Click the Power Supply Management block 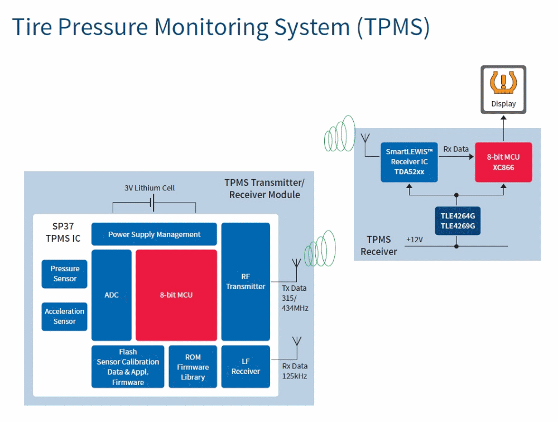click(154, 234)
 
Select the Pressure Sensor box click(65, 274)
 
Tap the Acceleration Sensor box click(65, 316)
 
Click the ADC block click(112, 295)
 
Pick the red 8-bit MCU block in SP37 click(176, 295)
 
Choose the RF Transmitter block click(246, 281)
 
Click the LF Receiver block click(246, 366)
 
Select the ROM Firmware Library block click(193, 367)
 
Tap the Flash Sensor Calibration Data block click(128, 367)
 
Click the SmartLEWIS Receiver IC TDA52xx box click(409, 161)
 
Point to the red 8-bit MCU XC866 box click(503, 161)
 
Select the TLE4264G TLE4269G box click(457, 220)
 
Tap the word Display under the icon click(503, 103)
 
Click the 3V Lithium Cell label click(150, 188)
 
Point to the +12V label click(415, 239)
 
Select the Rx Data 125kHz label click(295, 371)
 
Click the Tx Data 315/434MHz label click(295, 298)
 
